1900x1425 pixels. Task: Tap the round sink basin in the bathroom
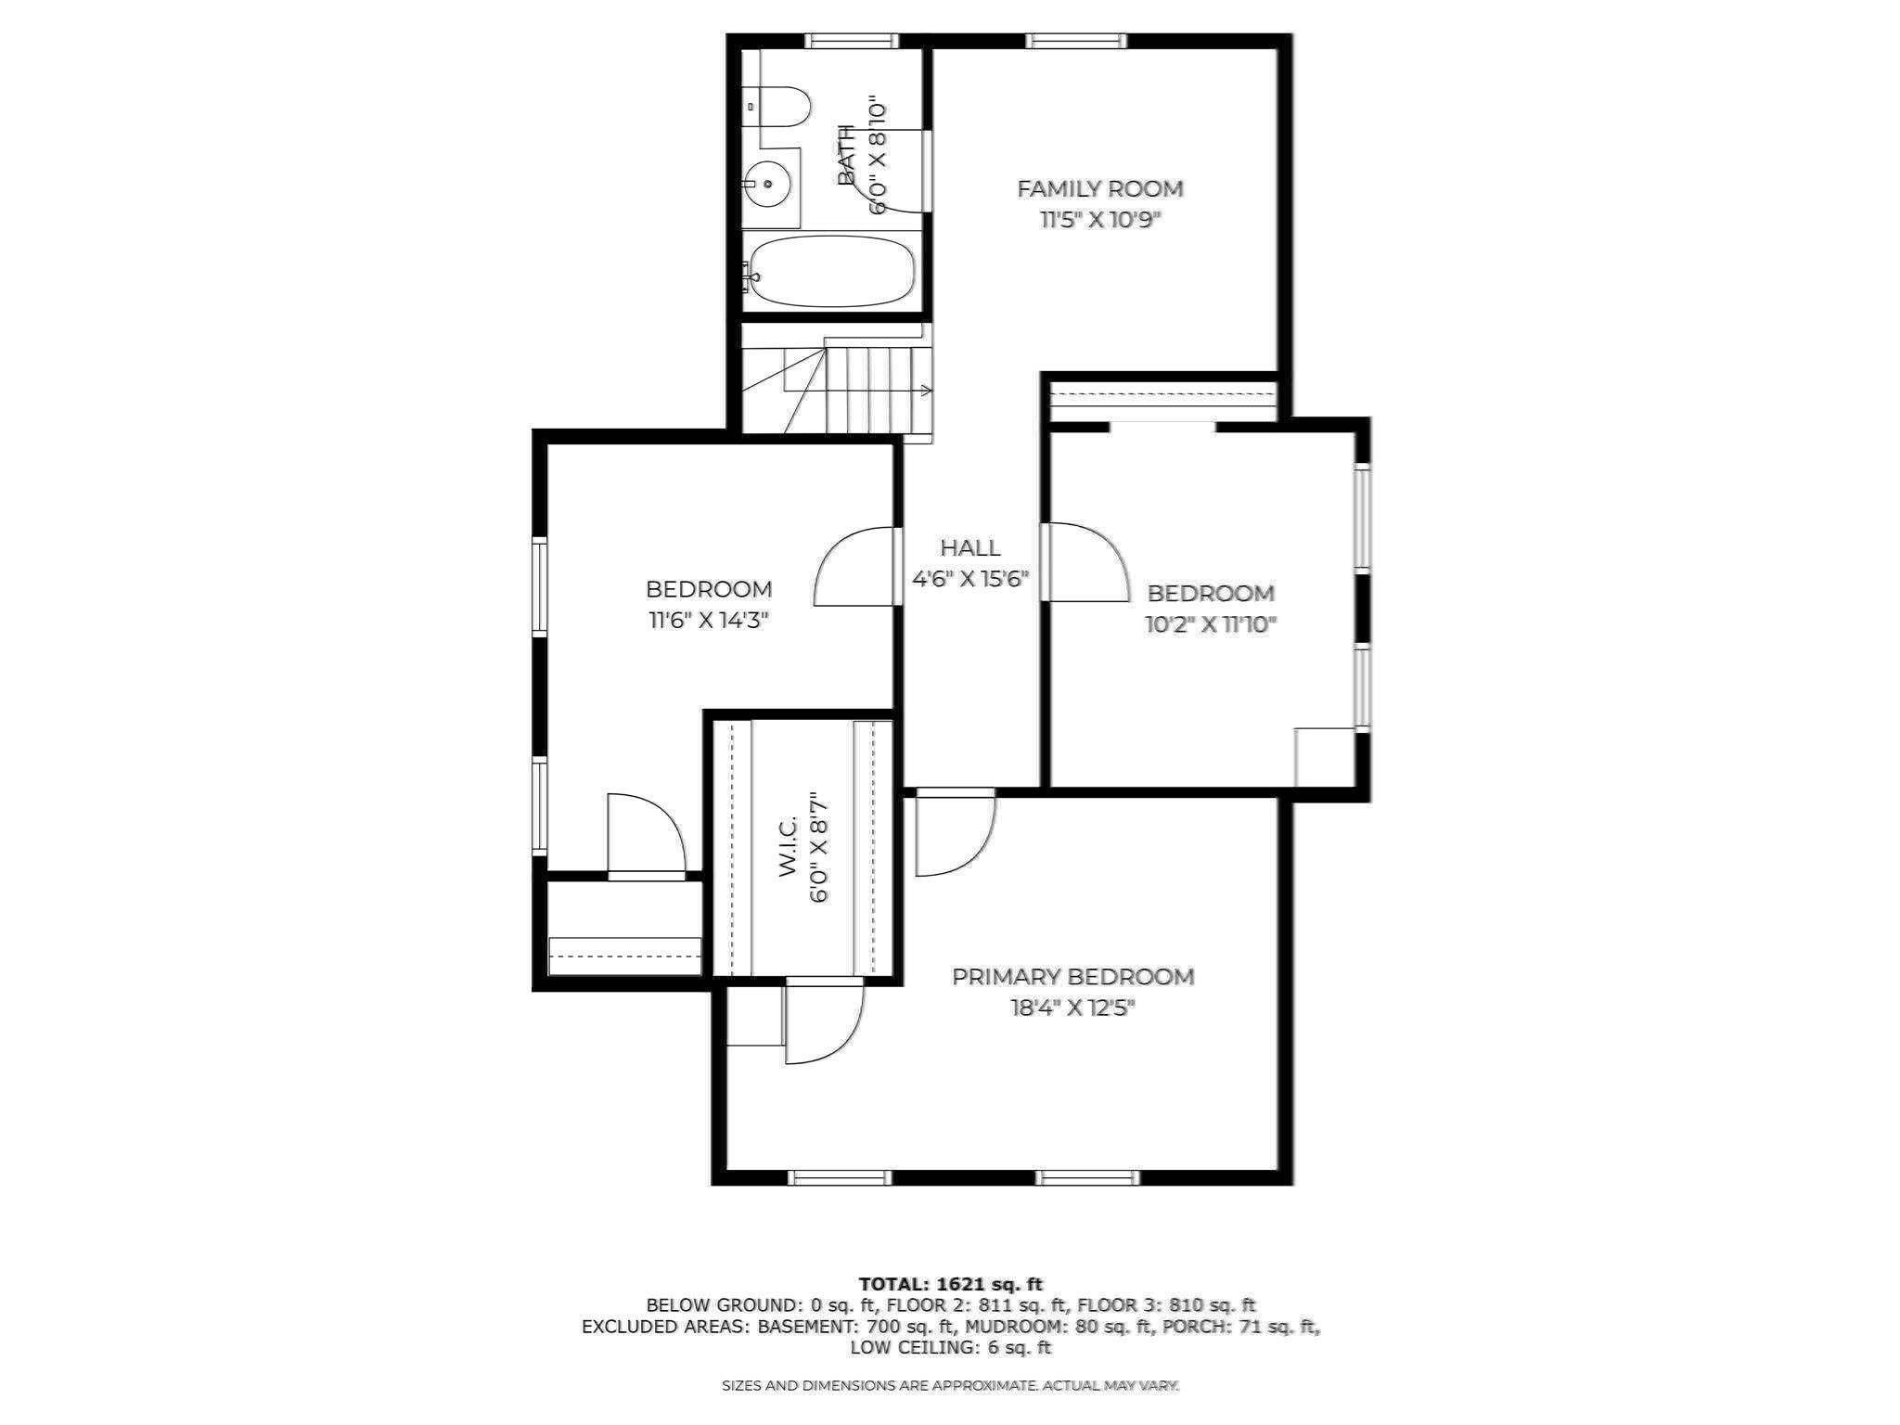[768, 184]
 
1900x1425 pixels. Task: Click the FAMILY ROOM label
[1100, 189]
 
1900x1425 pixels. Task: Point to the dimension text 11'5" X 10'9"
[1100, 221]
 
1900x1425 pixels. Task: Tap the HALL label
[970, 547]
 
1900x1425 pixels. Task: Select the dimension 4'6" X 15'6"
[970, 580]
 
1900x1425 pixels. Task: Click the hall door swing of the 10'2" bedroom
[1085, 561]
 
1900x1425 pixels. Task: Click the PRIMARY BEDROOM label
[1072, 977]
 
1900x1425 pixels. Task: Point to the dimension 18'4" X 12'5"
[1072, 1008]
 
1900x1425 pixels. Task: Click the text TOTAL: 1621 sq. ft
[950, 1284]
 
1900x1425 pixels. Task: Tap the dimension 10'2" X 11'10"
[1211, 624]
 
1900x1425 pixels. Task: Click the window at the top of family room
[1076, 40]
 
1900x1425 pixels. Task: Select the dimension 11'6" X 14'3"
[709, 621]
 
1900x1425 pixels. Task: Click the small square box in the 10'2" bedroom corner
[1324, 757]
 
